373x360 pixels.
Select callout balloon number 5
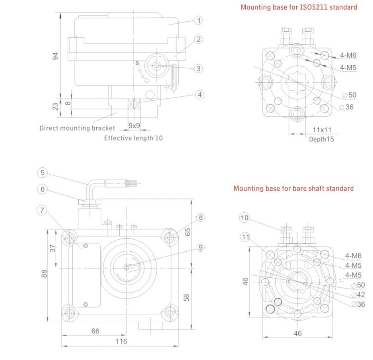click(43, 173)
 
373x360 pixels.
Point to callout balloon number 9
click(200, 248)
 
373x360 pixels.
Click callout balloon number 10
click(245, 218)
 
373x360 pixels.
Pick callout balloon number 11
click(245, 237)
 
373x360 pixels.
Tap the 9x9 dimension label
click(134, 126)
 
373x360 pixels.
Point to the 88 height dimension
click(44, 273)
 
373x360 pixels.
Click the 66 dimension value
click(95, 331)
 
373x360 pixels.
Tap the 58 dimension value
click(186, 297)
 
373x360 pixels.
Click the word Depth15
click(321, 139)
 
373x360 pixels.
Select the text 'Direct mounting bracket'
click(77, 128)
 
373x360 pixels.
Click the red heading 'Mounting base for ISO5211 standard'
click(299, 7)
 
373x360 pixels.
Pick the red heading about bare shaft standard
click(294, 188)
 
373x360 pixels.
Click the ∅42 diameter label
click(358, 295)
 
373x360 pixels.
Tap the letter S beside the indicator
click(137, 63)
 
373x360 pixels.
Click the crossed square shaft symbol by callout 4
click(133, 104)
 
